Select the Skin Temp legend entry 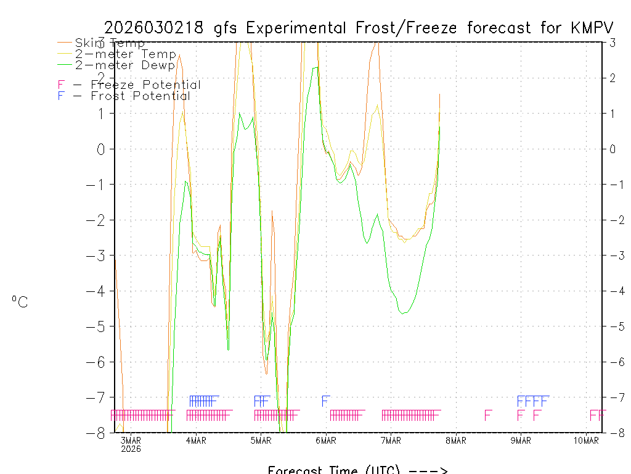(x=110, y=43)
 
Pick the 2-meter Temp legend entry (x=125, y=54)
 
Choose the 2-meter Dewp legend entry (x=125, y=65)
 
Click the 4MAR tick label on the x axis (x=196, y=440)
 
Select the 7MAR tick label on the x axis (x=391, y=440)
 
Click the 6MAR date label (x=326, y=440)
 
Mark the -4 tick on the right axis (x=612, y=291)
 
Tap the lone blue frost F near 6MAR (x=326, y=401)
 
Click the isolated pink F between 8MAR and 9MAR (x=488, y=415)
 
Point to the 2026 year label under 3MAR (x=131, y=449)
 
